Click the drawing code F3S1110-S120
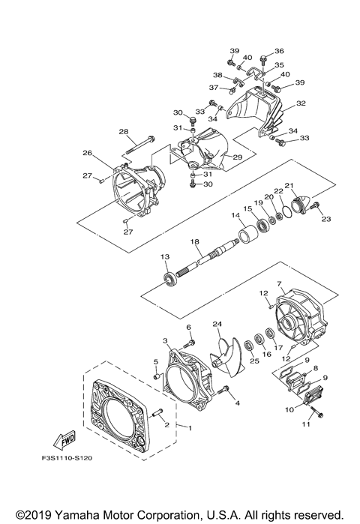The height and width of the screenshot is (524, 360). coord(65,458)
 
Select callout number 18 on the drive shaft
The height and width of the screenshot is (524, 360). coord(195,241)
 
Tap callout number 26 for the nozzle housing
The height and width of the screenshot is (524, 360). coord(87,153)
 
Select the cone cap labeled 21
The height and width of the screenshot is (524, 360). coord(301,204)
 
